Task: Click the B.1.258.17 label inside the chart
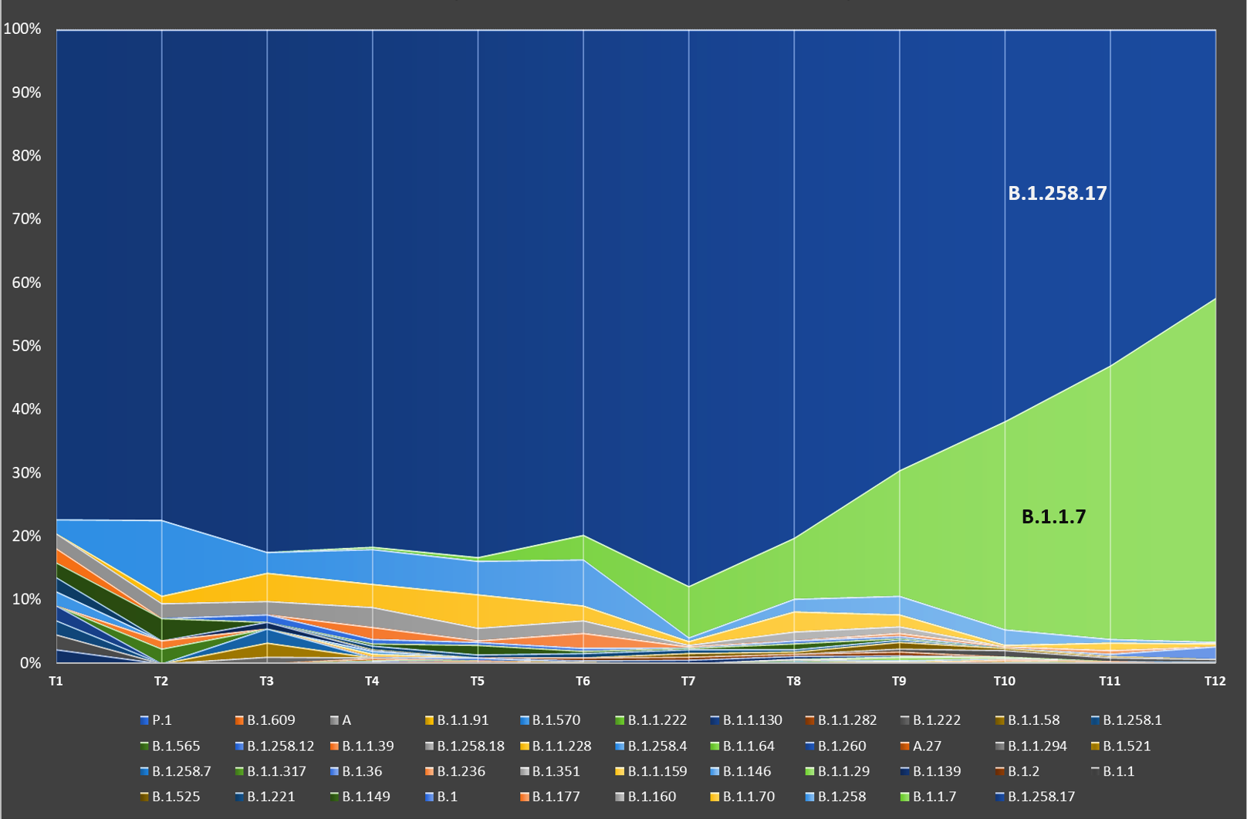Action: [x=1057, y=193]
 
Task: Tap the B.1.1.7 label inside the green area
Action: [x=1053, y=516]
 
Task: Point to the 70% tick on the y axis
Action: [x=26, y=218]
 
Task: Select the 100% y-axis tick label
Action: [x=22, y=29]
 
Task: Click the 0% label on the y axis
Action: [x=30, y=663]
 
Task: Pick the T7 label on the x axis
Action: [x=688, y=681]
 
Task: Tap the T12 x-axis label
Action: [x=1215, y=681]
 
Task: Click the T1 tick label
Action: [x=56, y=681]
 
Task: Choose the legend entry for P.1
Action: [x=156, y=720]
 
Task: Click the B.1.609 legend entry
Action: [x=265, y=720]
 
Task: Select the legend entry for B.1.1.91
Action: [x=457, y=720]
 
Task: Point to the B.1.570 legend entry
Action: [x=550, y=720]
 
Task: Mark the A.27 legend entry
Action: [x=921, y=746]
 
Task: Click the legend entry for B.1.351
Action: [x=550, y=771]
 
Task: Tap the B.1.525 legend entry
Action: [x=170, y=796]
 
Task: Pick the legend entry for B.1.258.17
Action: [x=1035, y=796]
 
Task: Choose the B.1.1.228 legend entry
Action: [x=556, y=746]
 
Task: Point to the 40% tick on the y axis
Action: [x=26, y=409]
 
